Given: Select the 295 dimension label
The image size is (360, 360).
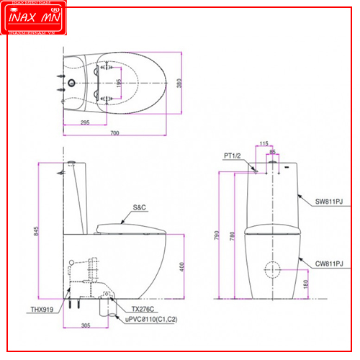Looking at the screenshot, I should coord(84,123).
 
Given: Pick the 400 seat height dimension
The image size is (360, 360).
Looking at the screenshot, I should coord(183,266).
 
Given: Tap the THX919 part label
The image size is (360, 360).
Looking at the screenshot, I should coord(41,310).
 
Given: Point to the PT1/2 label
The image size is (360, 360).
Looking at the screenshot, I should coord(233,154).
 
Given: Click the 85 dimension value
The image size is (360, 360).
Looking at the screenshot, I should coord(272,152).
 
